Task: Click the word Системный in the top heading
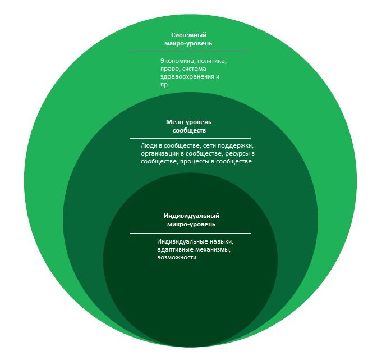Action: (188, 35)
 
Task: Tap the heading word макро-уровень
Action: (188, 43)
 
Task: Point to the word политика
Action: (209, 61)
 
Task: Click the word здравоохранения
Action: (187, 76)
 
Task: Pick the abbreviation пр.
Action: (165, 85)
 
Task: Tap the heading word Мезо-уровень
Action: (188, 122)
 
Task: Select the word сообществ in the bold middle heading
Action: (189, 130)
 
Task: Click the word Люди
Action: (148, 146)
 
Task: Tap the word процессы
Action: (195, 162)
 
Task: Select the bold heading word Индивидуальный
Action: (191, 216)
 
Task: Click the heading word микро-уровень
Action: (191, 224)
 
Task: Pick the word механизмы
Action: (213, 250)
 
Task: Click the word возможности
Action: (177, 257)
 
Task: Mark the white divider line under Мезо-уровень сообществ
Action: (190, 138)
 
